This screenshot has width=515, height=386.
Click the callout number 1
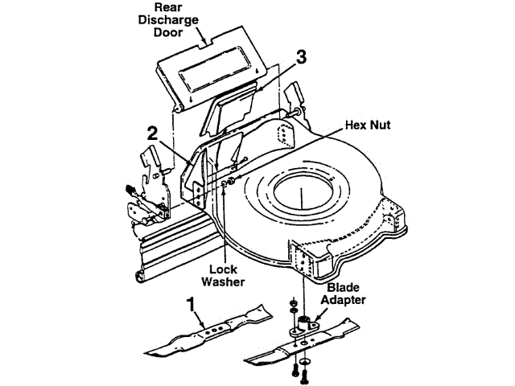pos(190,304)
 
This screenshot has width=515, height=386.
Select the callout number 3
pos(301,57)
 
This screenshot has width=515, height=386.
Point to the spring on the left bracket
pos(130,191)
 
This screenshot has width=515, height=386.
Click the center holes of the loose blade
pos(211,329)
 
